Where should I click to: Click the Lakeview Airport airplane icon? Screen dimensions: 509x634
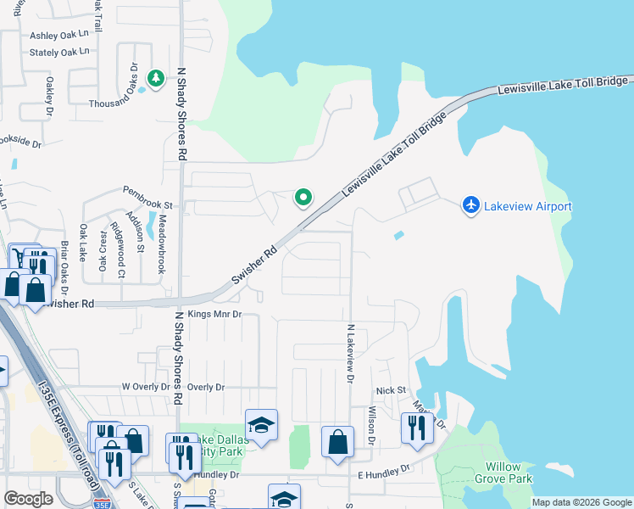pyautogui.click(x=470, y=205)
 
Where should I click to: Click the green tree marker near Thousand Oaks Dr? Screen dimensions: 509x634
pyautogui.click(x=156, y=79)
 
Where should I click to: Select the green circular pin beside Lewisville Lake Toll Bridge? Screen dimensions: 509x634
pyautogui.click(x=303, y=199)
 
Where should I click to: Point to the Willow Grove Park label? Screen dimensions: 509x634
pyautogui.click(x=509, y=473)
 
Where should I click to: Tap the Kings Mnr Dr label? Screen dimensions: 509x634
pyautogui.click(x=215, y=314)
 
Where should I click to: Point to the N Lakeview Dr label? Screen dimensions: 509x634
pyautogui.click(x=349, y=353)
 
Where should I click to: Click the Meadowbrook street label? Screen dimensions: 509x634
pyautogui.click(x=162, y=243)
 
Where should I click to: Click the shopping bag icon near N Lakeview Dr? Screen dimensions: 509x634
pyautogui.click(x=337, y=441)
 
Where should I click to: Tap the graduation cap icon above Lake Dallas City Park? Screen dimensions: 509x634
pyautogui.click(x=261, y=425)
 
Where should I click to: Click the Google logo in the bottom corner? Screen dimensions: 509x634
pyautogui.click(x=29, y=499)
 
